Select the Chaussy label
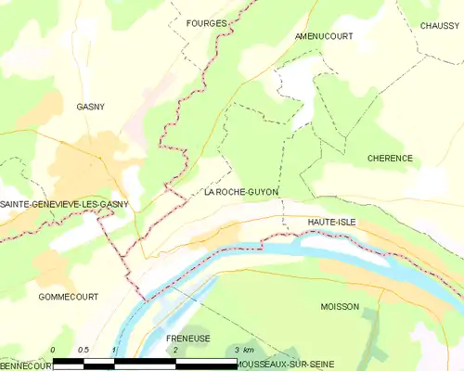(439, 26)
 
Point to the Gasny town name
(90, 107)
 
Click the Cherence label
(390, 159)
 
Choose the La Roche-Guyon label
(240, 193)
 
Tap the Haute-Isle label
(331, 223)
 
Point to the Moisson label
(339, 306)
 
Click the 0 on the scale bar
(53, 350)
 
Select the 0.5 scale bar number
(83, 350)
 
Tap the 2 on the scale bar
(174, 350)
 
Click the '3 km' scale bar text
(243, 350)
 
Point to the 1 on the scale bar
(114, 350)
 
